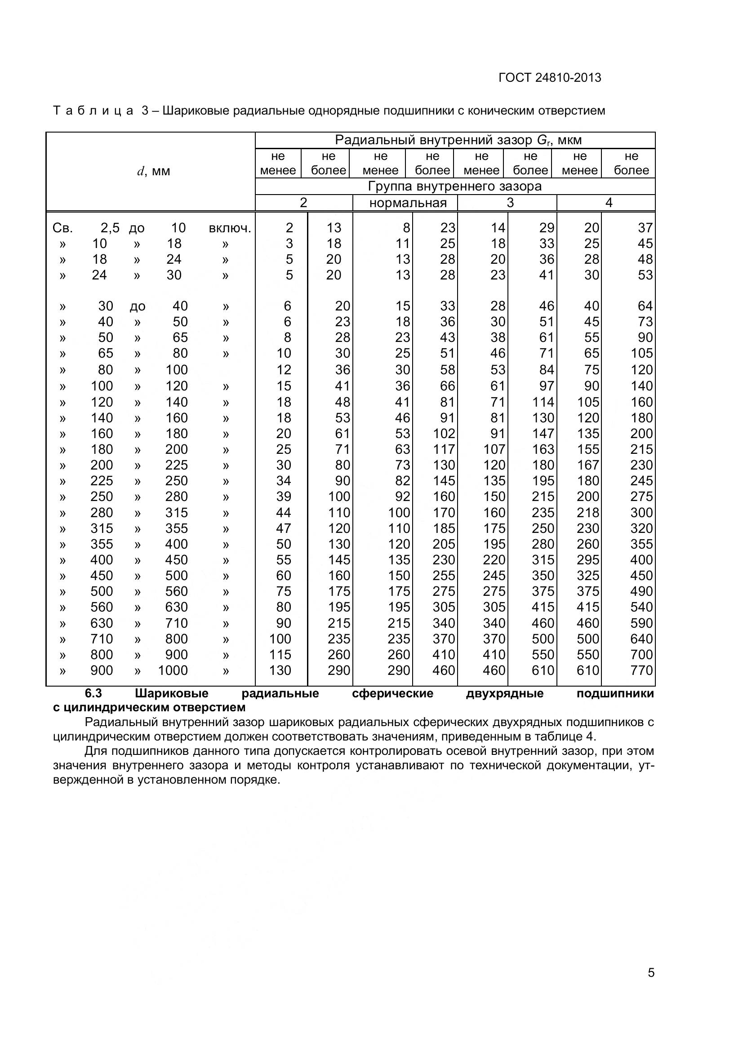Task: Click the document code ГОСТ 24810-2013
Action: pos(549,78)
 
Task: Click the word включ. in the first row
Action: pos(230,228)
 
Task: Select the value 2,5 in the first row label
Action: pos(110,228)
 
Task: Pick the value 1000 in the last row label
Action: pos(173,670)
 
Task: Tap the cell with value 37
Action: pos(645,228)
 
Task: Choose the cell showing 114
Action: pos(543,402)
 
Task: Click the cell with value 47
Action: pos(283,528)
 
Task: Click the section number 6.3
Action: pos(93,693)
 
